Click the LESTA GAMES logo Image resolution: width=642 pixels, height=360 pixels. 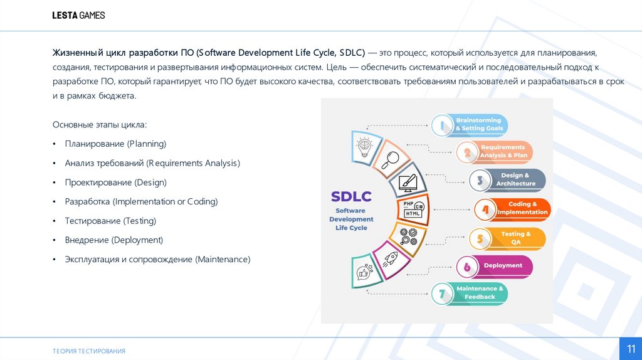(x=78, y=15)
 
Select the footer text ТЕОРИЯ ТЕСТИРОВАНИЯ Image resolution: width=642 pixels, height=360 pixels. (x=89, y=351)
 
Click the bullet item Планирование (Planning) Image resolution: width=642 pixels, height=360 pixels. (x=115, y=144)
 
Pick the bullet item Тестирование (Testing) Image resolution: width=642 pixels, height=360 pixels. (x=110, y=221)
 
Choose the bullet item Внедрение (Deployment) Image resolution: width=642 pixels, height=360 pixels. (x=113, y=240)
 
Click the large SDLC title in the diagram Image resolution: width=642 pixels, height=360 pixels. (x=351, y=197)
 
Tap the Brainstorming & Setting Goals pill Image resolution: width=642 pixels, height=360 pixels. (x=471, y=124)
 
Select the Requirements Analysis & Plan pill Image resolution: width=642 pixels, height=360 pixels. (x=495, y=151)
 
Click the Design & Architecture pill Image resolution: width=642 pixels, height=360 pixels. (x=508, y=180)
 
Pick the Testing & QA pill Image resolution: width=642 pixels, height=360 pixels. (x=508, y=238)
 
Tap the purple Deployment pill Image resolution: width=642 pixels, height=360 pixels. (x=495, y=266)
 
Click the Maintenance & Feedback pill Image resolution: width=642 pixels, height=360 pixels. (x=471, y=293)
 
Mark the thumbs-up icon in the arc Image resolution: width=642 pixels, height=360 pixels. (x=365, y=272)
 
